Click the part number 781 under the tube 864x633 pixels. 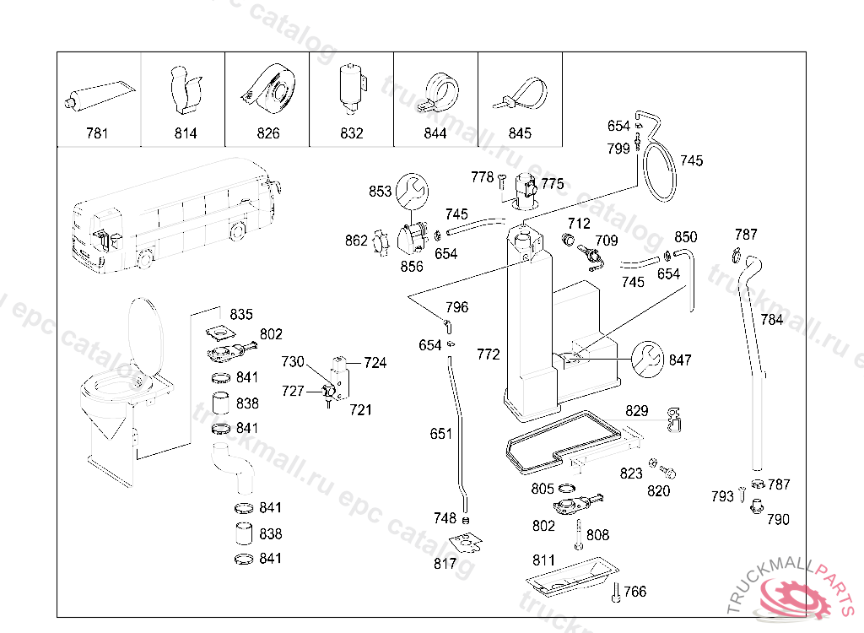[x=97, y=133]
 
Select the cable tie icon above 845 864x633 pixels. [x=520, y=95]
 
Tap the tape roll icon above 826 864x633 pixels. [x=268, y=89]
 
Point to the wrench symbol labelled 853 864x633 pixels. [x=412, y=191]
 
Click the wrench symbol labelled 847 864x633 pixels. [x=648, y=360]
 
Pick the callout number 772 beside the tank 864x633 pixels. [x=489, y=354]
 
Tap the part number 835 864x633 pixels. [x=241, y=314]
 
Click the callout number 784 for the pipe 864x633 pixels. [x=771, y=320]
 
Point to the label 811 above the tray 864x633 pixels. [x=543, y=560]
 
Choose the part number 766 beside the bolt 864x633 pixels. [x=634, y=592]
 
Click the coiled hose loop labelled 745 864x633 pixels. [x=660, y=171]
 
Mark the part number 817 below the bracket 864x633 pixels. [x=445, y=564]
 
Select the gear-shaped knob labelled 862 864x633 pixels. [x=381, y=242]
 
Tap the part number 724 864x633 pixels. [x=375, y=363]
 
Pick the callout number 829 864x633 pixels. [x=636, y=411]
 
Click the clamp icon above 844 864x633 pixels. [x=442, y=90]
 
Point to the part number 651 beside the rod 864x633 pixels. [x=440, y=434]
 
